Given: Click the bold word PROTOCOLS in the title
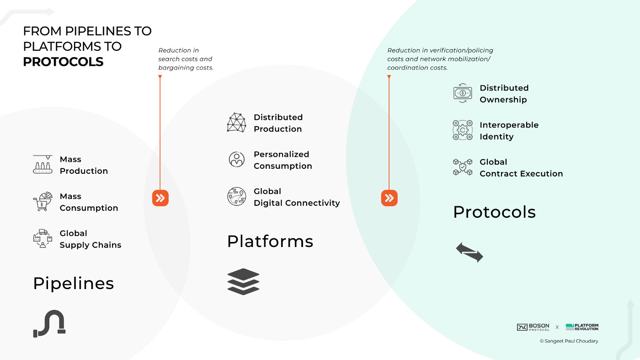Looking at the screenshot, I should tap(63, 62).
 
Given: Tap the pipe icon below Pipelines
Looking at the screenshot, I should tap(49, 323).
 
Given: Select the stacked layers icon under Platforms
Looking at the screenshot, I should tap(243, 281).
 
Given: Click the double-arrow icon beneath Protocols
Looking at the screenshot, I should tap(469, 253).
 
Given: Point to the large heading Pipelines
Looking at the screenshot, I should tap(73, 284).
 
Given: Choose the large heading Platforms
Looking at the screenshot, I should tap(270, 241).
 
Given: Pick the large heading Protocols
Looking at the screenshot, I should tap(494, 212).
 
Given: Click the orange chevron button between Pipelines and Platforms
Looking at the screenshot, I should tap(160, 198).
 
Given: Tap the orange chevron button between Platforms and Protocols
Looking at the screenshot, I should tap(389, 198).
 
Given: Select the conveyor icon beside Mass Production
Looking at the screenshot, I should tap(43, 165).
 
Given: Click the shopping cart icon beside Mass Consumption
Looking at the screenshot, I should tap(43, 202).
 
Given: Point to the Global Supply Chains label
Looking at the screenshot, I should tap(90, 239).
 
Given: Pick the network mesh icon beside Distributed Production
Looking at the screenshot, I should tap(236, 123).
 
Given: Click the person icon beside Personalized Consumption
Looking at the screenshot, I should tap(236, 160).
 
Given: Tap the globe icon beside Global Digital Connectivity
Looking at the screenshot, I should tap(236, 197).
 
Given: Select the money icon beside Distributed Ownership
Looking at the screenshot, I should tap(462, 93).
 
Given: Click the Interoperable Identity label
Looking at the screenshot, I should tap(509, 131).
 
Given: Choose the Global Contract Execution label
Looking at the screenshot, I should tap(521, 168).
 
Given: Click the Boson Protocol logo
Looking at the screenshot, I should tap(533, 327).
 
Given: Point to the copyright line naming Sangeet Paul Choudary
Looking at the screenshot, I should tap(569, 341).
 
